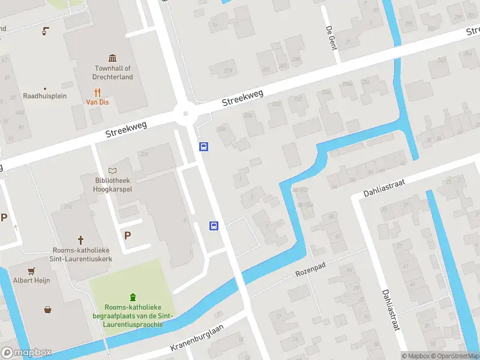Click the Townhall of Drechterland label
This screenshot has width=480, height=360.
pos(113,73)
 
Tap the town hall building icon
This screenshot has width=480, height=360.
pos(113,58)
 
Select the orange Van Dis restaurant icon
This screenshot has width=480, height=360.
pos(97,92)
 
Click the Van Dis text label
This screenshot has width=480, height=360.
pos(97,102)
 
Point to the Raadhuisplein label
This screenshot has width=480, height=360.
pos(44,96)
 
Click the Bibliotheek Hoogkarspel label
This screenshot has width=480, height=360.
pos(113,184)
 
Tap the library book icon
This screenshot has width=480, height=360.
pos(113,171)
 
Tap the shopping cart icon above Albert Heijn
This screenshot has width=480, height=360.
pos(31,270)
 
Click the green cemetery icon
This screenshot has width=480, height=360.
pos(133,296)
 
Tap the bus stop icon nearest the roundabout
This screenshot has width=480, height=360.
pos(204,146)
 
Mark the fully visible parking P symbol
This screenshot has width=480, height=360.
pos(127,235)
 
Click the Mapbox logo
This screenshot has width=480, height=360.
pos(26,352)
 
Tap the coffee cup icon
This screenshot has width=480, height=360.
pos(44,31)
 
